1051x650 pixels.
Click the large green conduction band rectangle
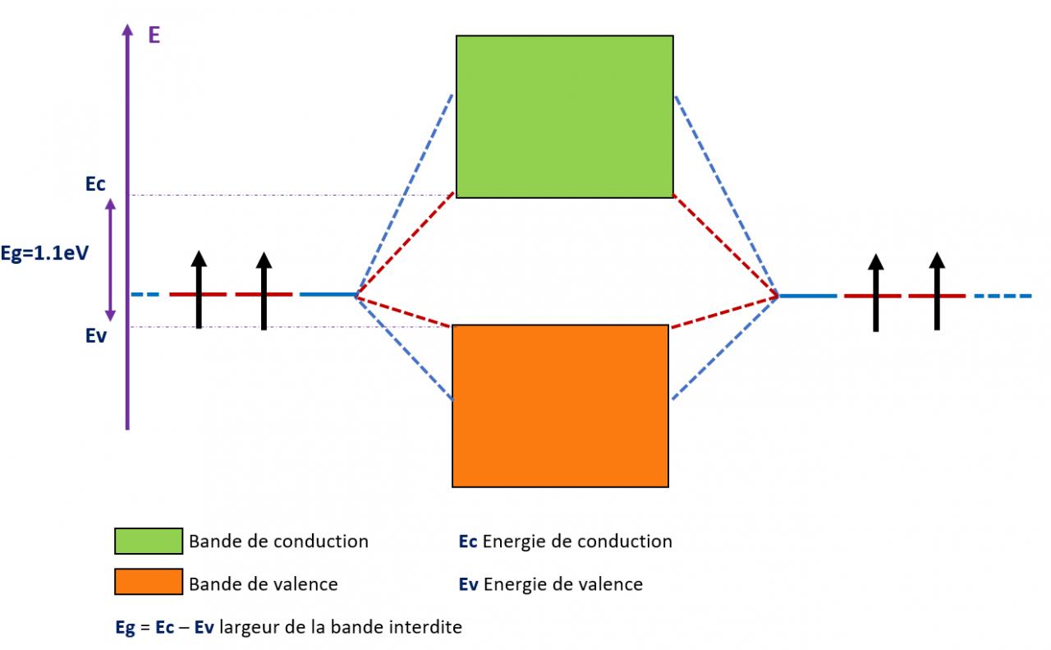coord(564,116)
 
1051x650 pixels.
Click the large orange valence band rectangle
coord(560,406)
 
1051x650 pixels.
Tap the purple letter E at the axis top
coord(154,36)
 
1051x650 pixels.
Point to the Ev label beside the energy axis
coord(96,335)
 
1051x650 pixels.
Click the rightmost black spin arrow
coord(937,291)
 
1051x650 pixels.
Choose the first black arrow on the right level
coord(876,291)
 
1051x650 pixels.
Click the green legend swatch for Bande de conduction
coord(148,541)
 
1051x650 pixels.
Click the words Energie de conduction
coord(577,542)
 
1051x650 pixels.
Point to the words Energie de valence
coord(563,584)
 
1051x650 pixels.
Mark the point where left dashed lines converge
coord(356,294)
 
